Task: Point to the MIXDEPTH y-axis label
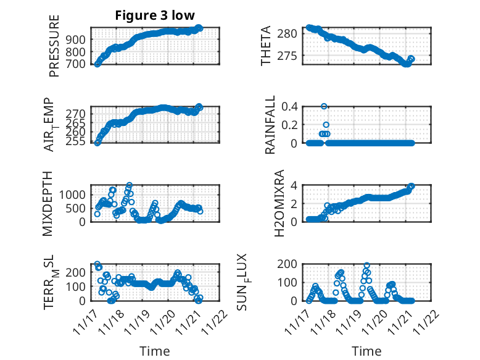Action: pyautogui.click(x=49, y=203)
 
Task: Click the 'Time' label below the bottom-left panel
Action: pyautogui.click(x=155, y=351)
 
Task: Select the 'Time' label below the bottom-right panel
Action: pyautogui.click(x=366, y=351)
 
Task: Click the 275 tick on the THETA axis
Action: pyautogui.click(x=293, y=56)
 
